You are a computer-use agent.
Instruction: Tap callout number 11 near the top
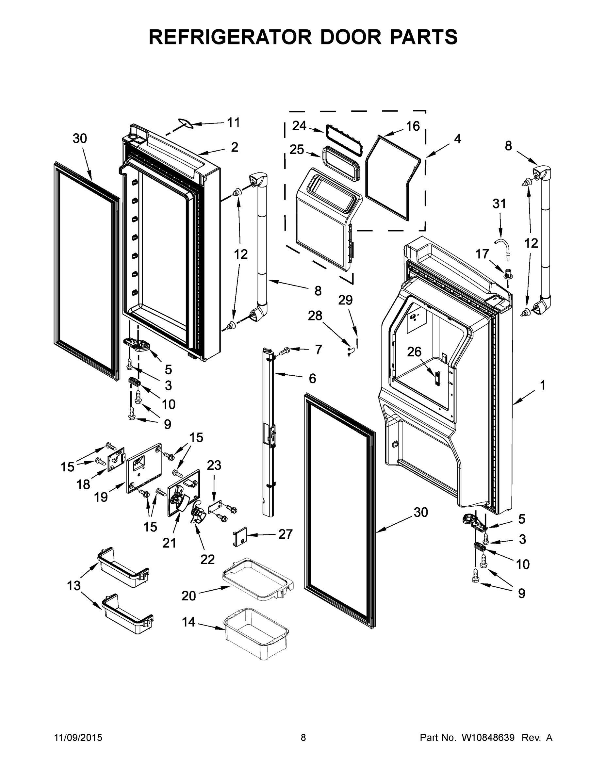tap(233, 123)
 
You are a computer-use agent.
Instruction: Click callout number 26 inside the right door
tap(414, 352)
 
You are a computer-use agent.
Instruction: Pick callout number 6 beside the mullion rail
tap(312, 378)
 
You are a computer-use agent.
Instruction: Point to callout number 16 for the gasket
tap(413, 126)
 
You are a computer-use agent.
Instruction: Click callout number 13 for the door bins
tap(74, 585)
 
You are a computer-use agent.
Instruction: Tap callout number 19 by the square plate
tap(101, 497)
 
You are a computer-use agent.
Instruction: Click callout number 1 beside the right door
tap(542, 385)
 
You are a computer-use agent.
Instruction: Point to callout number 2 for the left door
tap(234, 147)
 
